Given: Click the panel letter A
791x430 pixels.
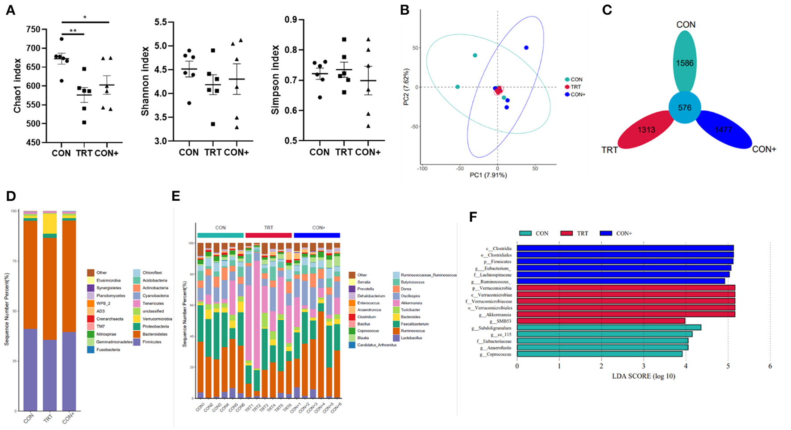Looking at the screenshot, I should pyautogui.click(x=10, y=10).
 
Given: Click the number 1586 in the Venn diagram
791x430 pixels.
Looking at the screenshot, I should pyautogui.click(x=684, y=63).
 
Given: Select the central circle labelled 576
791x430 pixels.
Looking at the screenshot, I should pyautogui.click(x=684, y=108).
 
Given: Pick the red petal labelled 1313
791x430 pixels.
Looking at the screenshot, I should pyautogui.click(x=646, y=130).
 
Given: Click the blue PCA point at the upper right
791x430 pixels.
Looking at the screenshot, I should pyautogui.click(x=526, y=48).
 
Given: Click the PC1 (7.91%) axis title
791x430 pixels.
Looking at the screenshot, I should pyautogui.click(x=488, y=175).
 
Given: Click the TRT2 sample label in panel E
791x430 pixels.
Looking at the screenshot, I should pyautogui.click(x=257, y=408).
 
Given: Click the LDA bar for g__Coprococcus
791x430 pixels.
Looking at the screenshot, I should pyautogui.click(x=599, y=354).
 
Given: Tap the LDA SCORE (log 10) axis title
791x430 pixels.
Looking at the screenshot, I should pyautogui.click(x=643, y=376).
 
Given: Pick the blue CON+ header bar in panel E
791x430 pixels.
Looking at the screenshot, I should pyautogui.click(x=316, y=235).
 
